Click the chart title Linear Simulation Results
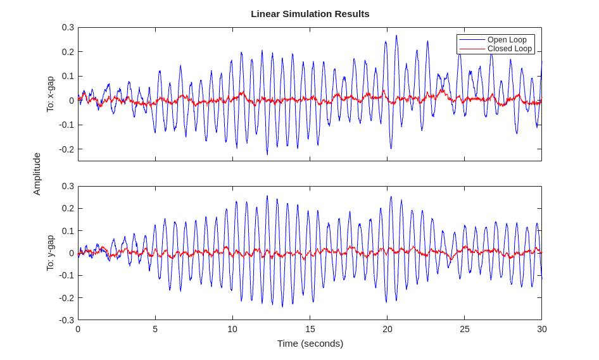click(310, 13)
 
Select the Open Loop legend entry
click(507, 39)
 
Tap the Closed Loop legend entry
click(509, 49)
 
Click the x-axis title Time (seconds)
click(310, 343)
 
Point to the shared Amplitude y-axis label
click(37, 173)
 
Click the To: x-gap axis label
click(51, 94)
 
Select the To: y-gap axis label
click(51, 253)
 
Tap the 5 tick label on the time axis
click(155, 329)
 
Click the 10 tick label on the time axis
click(232, 329)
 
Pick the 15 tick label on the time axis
click(310, 329)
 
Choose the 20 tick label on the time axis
click(388, 329)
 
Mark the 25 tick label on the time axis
click(465, 329)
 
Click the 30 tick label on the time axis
click(542, 329)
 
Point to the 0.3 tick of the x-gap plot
click(68, 27)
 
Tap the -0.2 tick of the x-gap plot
click(66, 149)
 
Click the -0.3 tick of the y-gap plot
click(66, 320)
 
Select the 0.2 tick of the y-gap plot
click(68, 208)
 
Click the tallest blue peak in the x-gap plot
click(396, 36)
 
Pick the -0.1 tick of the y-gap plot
click(66, 275)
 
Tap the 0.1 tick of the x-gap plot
click(68, 76)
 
